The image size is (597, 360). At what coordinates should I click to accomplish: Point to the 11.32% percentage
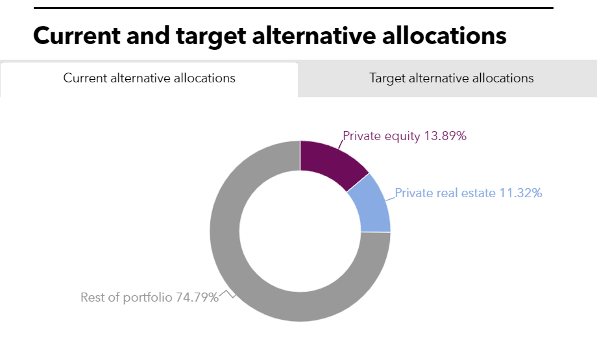click(x=520, y=193)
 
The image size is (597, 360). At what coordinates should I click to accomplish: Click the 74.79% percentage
click(x=197, y=298)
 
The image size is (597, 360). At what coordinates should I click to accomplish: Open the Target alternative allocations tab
click(x=451, y=78)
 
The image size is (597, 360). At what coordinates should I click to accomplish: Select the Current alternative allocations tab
click(x=149, y=78)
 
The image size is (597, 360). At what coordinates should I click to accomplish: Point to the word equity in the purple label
click(x=403, y=136)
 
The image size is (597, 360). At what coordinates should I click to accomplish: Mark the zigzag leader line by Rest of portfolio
click(x=227, y=294)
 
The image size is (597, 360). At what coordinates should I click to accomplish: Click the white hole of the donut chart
click(x=300, y=231)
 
